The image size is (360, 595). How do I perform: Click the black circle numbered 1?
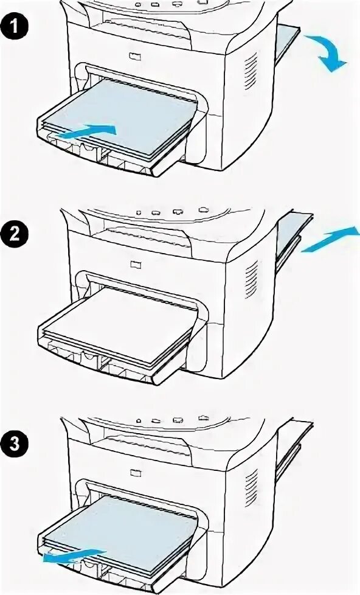(15, 27)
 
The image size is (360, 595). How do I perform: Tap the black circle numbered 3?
(15, 444)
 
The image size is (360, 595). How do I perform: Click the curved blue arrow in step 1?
(327, 51)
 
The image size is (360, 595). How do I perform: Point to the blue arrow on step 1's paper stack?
(86, 131)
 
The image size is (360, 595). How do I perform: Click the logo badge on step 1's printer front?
(134, 57)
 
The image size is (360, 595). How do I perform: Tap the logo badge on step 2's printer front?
(134, 264)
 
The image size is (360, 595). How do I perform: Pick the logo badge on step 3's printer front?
(135, 473)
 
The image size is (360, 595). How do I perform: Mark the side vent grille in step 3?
(251, 487)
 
